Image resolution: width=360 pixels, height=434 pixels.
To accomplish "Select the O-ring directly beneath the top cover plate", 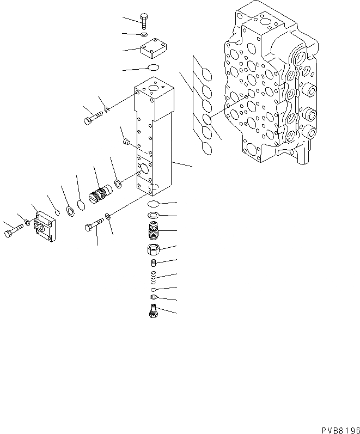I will tap(153, 68).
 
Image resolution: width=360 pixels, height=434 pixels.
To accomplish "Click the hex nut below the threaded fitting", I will tap(154, 251).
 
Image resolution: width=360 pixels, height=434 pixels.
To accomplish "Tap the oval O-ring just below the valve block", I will tap(155, 204).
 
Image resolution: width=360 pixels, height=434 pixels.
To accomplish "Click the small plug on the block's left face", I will tap(126, 143).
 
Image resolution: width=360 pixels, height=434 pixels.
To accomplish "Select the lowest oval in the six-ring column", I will tap(205, 148).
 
